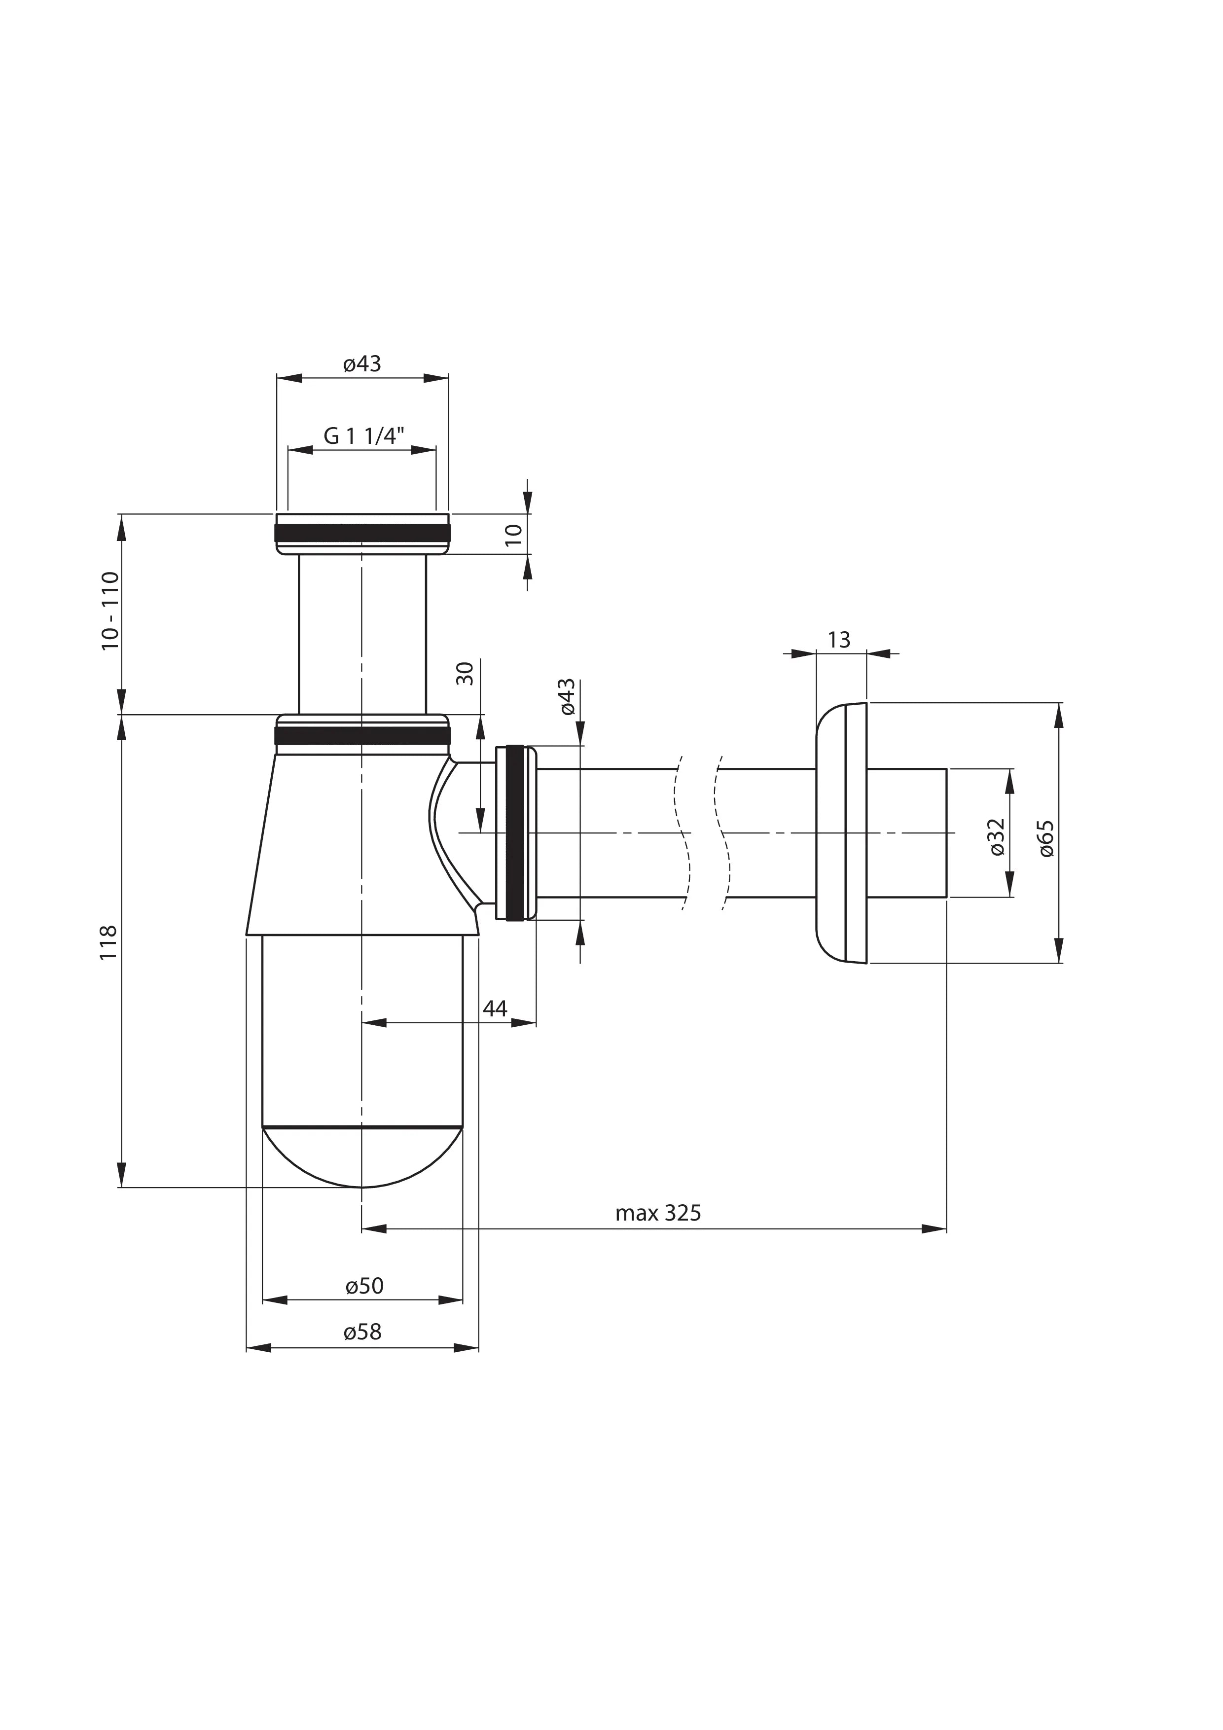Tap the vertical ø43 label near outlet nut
pyautogui.click(x=568, y=696)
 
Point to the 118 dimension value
pyautogui.click(x=109, y=942)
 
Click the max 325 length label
pyautogui.click(x=658, y=1213)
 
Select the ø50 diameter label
pyautogui.click(x=365, y=1286)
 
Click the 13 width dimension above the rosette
pyautogui.click(x=839, y=640)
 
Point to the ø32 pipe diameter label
pyautogui.click(x=997, y=836)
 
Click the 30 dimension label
pyautogui.click(x=467, y=673)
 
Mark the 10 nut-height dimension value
pyautogui.click(x=513, y=534)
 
